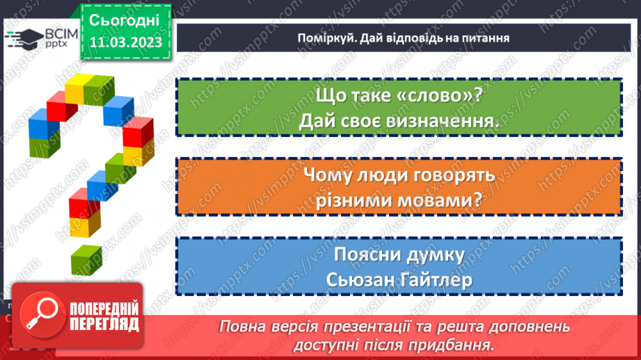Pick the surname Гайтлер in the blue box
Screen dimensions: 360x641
coord(433,280)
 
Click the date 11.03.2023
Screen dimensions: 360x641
coord(125,42)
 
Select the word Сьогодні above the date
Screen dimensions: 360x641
coord(125,19)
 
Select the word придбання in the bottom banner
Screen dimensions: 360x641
coord(459,344)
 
